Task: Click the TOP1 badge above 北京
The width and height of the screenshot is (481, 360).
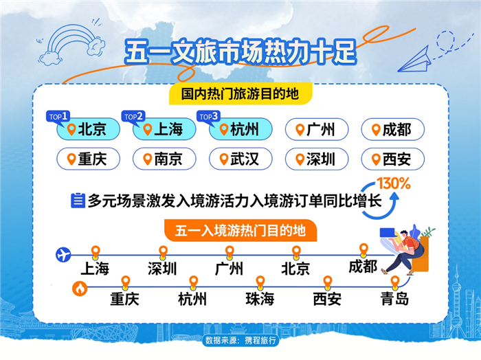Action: (58, 117)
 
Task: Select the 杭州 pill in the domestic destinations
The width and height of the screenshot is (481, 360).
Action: (240, 129)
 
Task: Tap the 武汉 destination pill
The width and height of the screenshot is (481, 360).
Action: (240, 159)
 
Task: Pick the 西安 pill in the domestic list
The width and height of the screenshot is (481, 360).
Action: (392, 159)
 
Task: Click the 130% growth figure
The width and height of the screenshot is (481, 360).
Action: (394, 183)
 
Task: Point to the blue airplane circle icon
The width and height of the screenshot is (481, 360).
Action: (63, 254)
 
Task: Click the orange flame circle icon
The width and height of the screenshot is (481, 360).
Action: (80, 289)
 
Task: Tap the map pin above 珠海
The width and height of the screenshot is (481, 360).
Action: (260, 282)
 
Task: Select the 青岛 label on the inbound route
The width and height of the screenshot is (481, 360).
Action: (394, 298)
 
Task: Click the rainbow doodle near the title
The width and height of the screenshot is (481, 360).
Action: (71, 45)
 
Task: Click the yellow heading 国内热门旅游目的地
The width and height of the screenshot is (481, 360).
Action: (240, 93)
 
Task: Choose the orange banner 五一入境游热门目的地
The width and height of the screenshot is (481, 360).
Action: (240, 230)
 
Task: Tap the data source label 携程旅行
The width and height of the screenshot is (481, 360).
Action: (240, 340)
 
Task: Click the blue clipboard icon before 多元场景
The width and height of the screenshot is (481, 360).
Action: (78, 201)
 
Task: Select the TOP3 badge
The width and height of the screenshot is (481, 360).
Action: (209, 117)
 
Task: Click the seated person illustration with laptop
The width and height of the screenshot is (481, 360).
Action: (404, 250)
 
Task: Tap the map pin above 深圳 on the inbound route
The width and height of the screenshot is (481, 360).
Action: (163, 252)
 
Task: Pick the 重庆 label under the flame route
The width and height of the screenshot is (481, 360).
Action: (124, 299)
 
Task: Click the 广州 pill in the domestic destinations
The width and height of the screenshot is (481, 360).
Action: (317, 129)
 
